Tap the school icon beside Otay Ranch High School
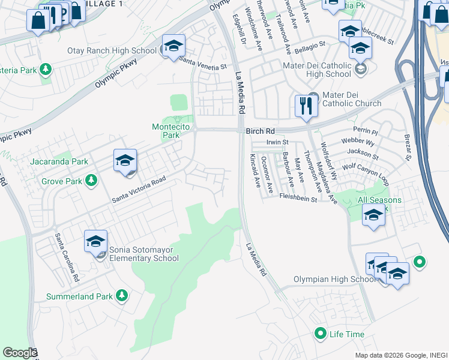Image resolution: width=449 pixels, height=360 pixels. coord(173,46)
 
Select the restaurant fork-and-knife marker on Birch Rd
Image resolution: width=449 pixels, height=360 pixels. coord(306,106)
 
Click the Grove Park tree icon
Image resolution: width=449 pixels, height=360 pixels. coord(91,179)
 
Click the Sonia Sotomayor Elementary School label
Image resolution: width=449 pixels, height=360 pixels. coord(144,254)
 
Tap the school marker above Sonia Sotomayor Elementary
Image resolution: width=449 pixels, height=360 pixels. coord(95,241)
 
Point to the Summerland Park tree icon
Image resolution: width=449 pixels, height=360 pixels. coord(122,295)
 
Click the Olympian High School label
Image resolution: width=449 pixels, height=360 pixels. coord(336,280)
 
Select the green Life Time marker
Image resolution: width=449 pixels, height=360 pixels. coord(321,334)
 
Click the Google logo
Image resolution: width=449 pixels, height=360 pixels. coord(19,353)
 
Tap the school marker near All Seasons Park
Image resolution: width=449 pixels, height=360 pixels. coord(373,214)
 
